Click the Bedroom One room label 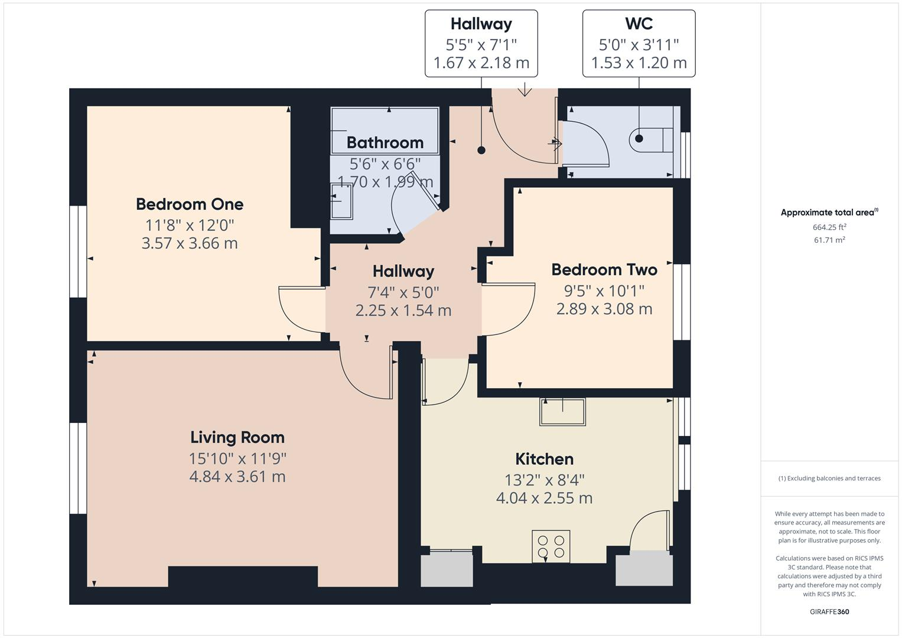(190, 204)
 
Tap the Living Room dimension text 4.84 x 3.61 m (237, 477)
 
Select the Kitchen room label (544, 459)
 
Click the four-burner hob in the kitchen (551, 546)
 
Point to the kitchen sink (562, 412)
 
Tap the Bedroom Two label (604, 270)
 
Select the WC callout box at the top (639, 43)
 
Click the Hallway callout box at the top (481, 43)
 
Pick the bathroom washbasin (342, 201)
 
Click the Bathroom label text (385, 143)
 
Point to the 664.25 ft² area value (829, 227)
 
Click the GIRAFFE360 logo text (829, 611)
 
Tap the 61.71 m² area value (829, 240)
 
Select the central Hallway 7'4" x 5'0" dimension (403, 292)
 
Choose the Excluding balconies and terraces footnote (829, 479)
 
